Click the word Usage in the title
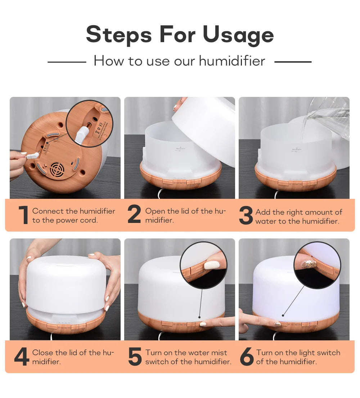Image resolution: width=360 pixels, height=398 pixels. [x=238, y=35]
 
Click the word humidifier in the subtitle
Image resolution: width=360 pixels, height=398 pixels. [x=232, y=61]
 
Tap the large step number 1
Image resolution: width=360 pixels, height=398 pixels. [x=23, y=215]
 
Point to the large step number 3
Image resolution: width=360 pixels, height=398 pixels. [x=246, y=216]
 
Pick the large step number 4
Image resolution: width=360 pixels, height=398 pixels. [x=22, y=357]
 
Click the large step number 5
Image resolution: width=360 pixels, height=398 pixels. [x=135, y=357]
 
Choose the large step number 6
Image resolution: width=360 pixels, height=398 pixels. [x=247, y=357]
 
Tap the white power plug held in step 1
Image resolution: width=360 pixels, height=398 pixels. [x=31, y=156]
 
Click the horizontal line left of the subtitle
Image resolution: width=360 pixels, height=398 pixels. [x=67, y=62]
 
